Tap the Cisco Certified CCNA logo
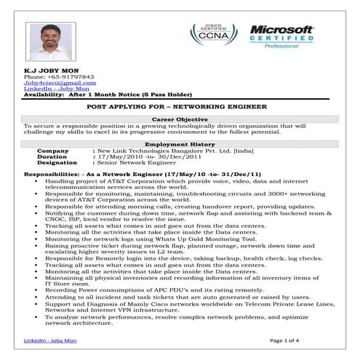209,36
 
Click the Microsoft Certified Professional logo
281,36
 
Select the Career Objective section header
180,119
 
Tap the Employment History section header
180,144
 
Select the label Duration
52,156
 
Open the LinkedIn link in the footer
48,340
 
